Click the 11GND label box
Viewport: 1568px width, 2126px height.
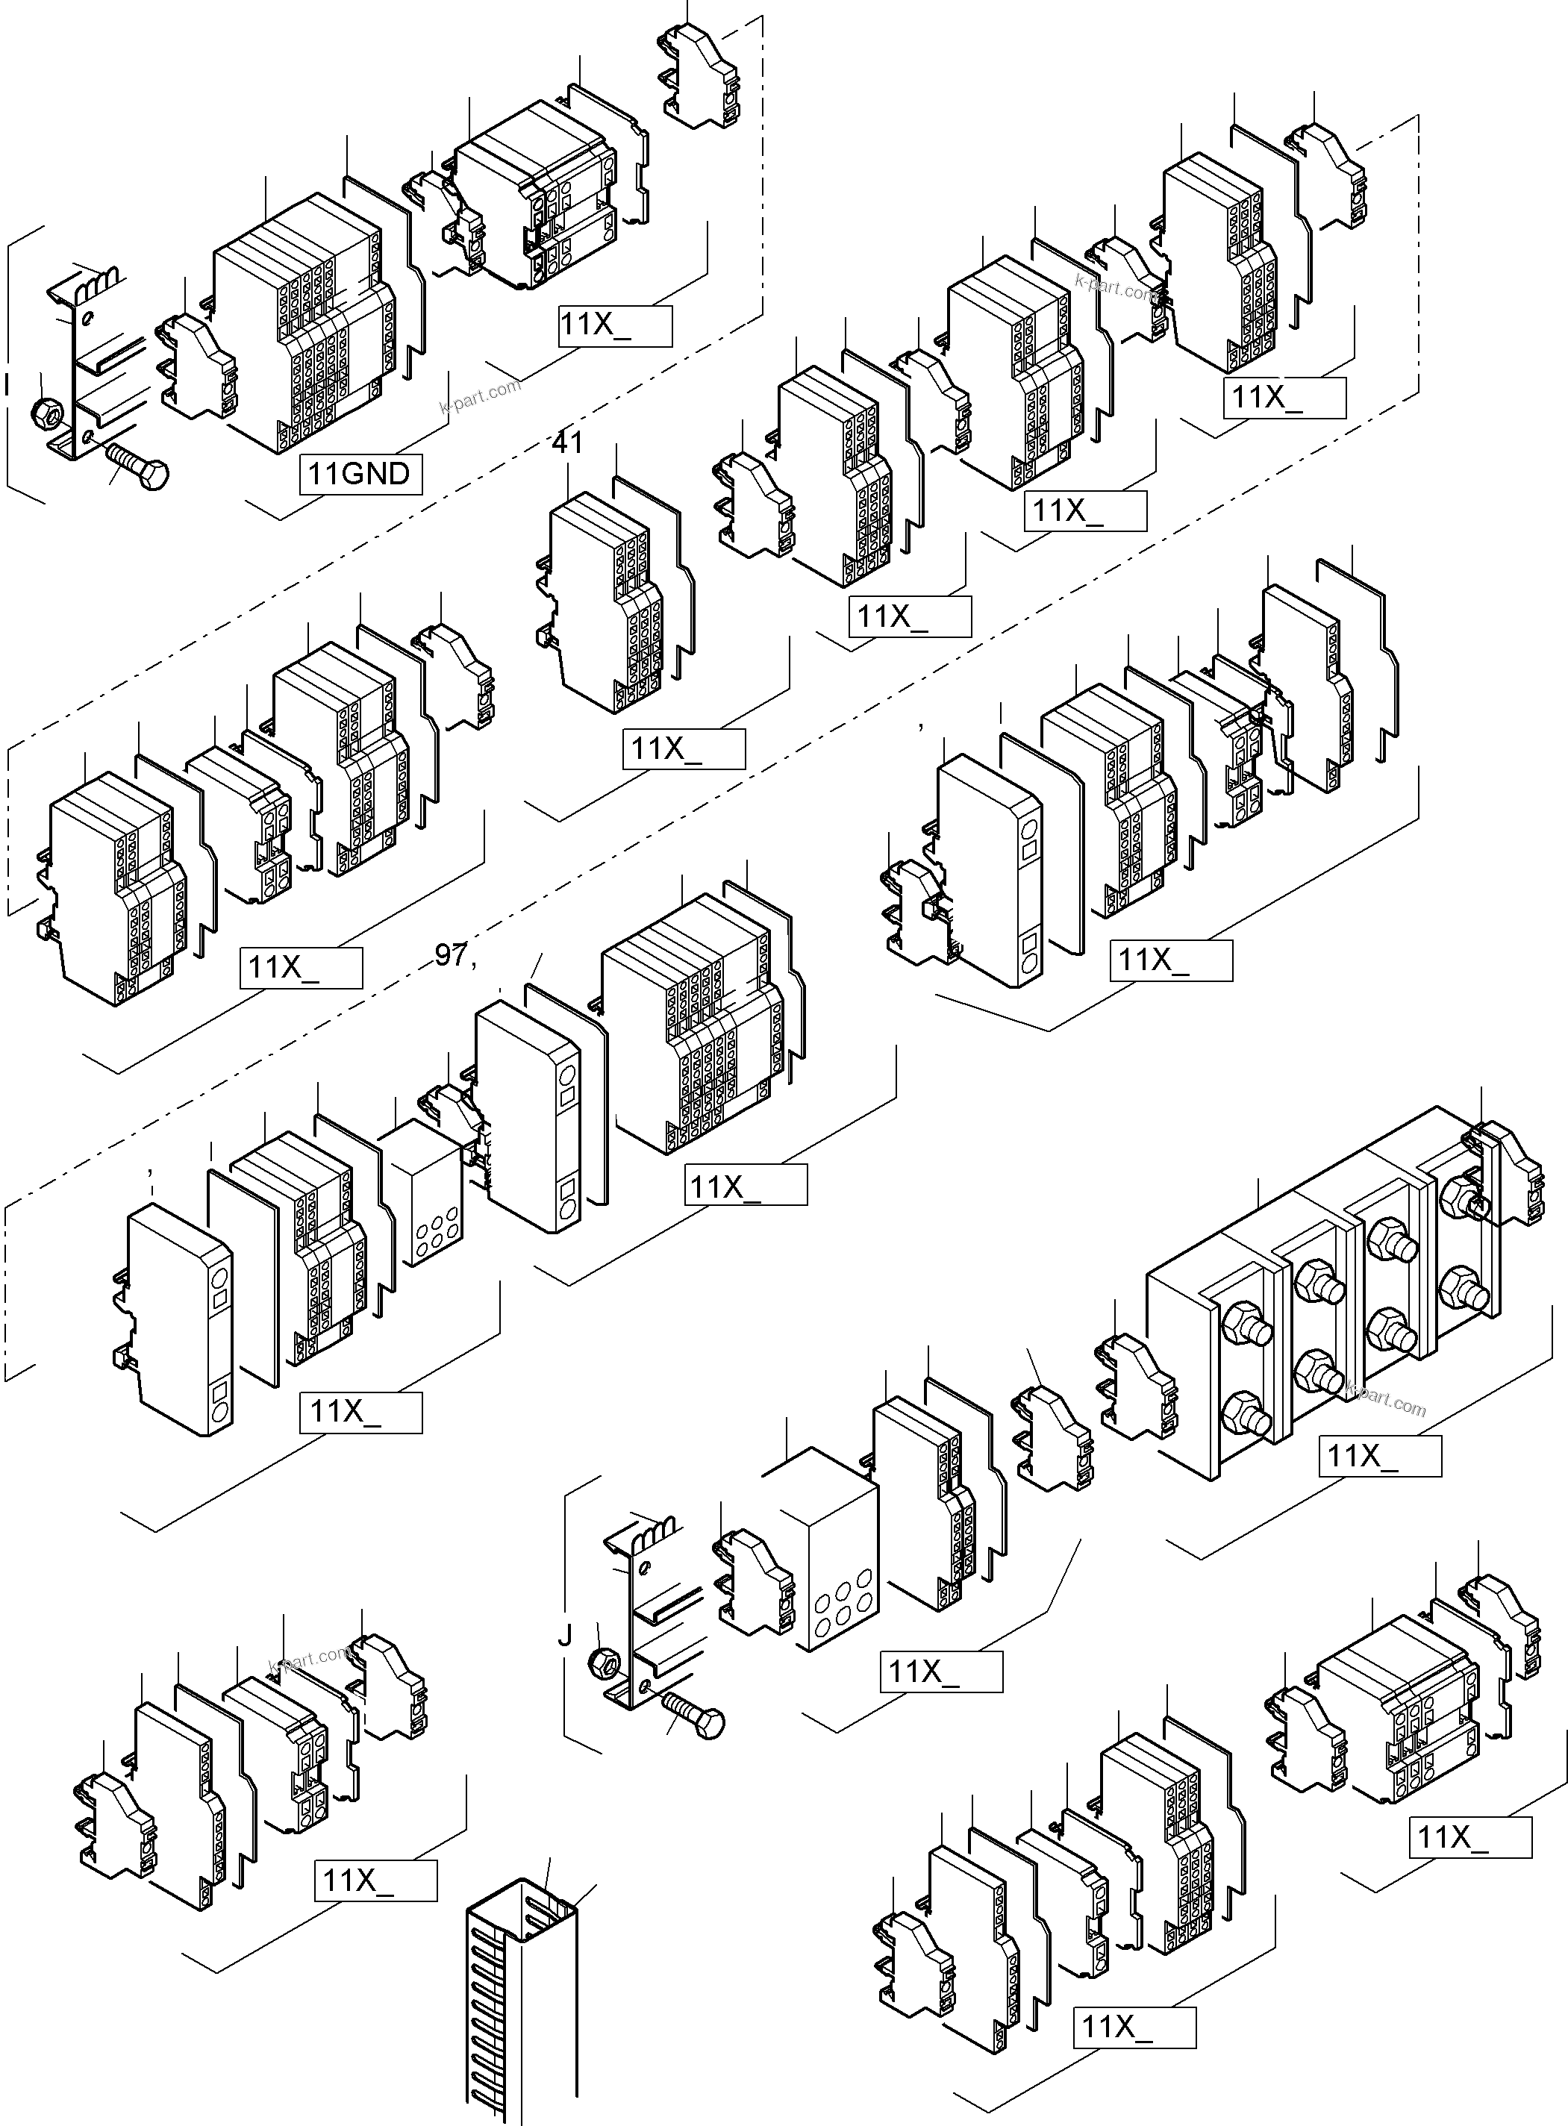(360, 474)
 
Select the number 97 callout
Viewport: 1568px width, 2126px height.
(451, 955)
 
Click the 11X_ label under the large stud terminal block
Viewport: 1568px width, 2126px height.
(1378, 1455)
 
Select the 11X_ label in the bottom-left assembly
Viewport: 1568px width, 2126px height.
(375, 1879)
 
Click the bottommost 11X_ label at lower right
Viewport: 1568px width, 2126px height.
(1134, 2026)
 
